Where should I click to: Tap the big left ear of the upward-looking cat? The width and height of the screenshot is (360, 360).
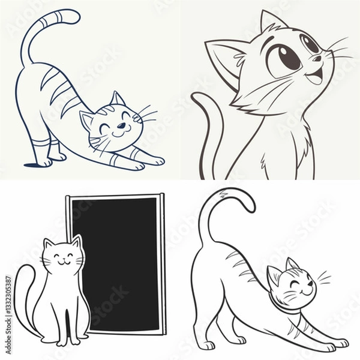point(225,57)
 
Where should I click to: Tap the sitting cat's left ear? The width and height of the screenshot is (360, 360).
point(49,244)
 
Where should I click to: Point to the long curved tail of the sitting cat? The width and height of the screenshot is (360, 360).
point(21,294)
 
